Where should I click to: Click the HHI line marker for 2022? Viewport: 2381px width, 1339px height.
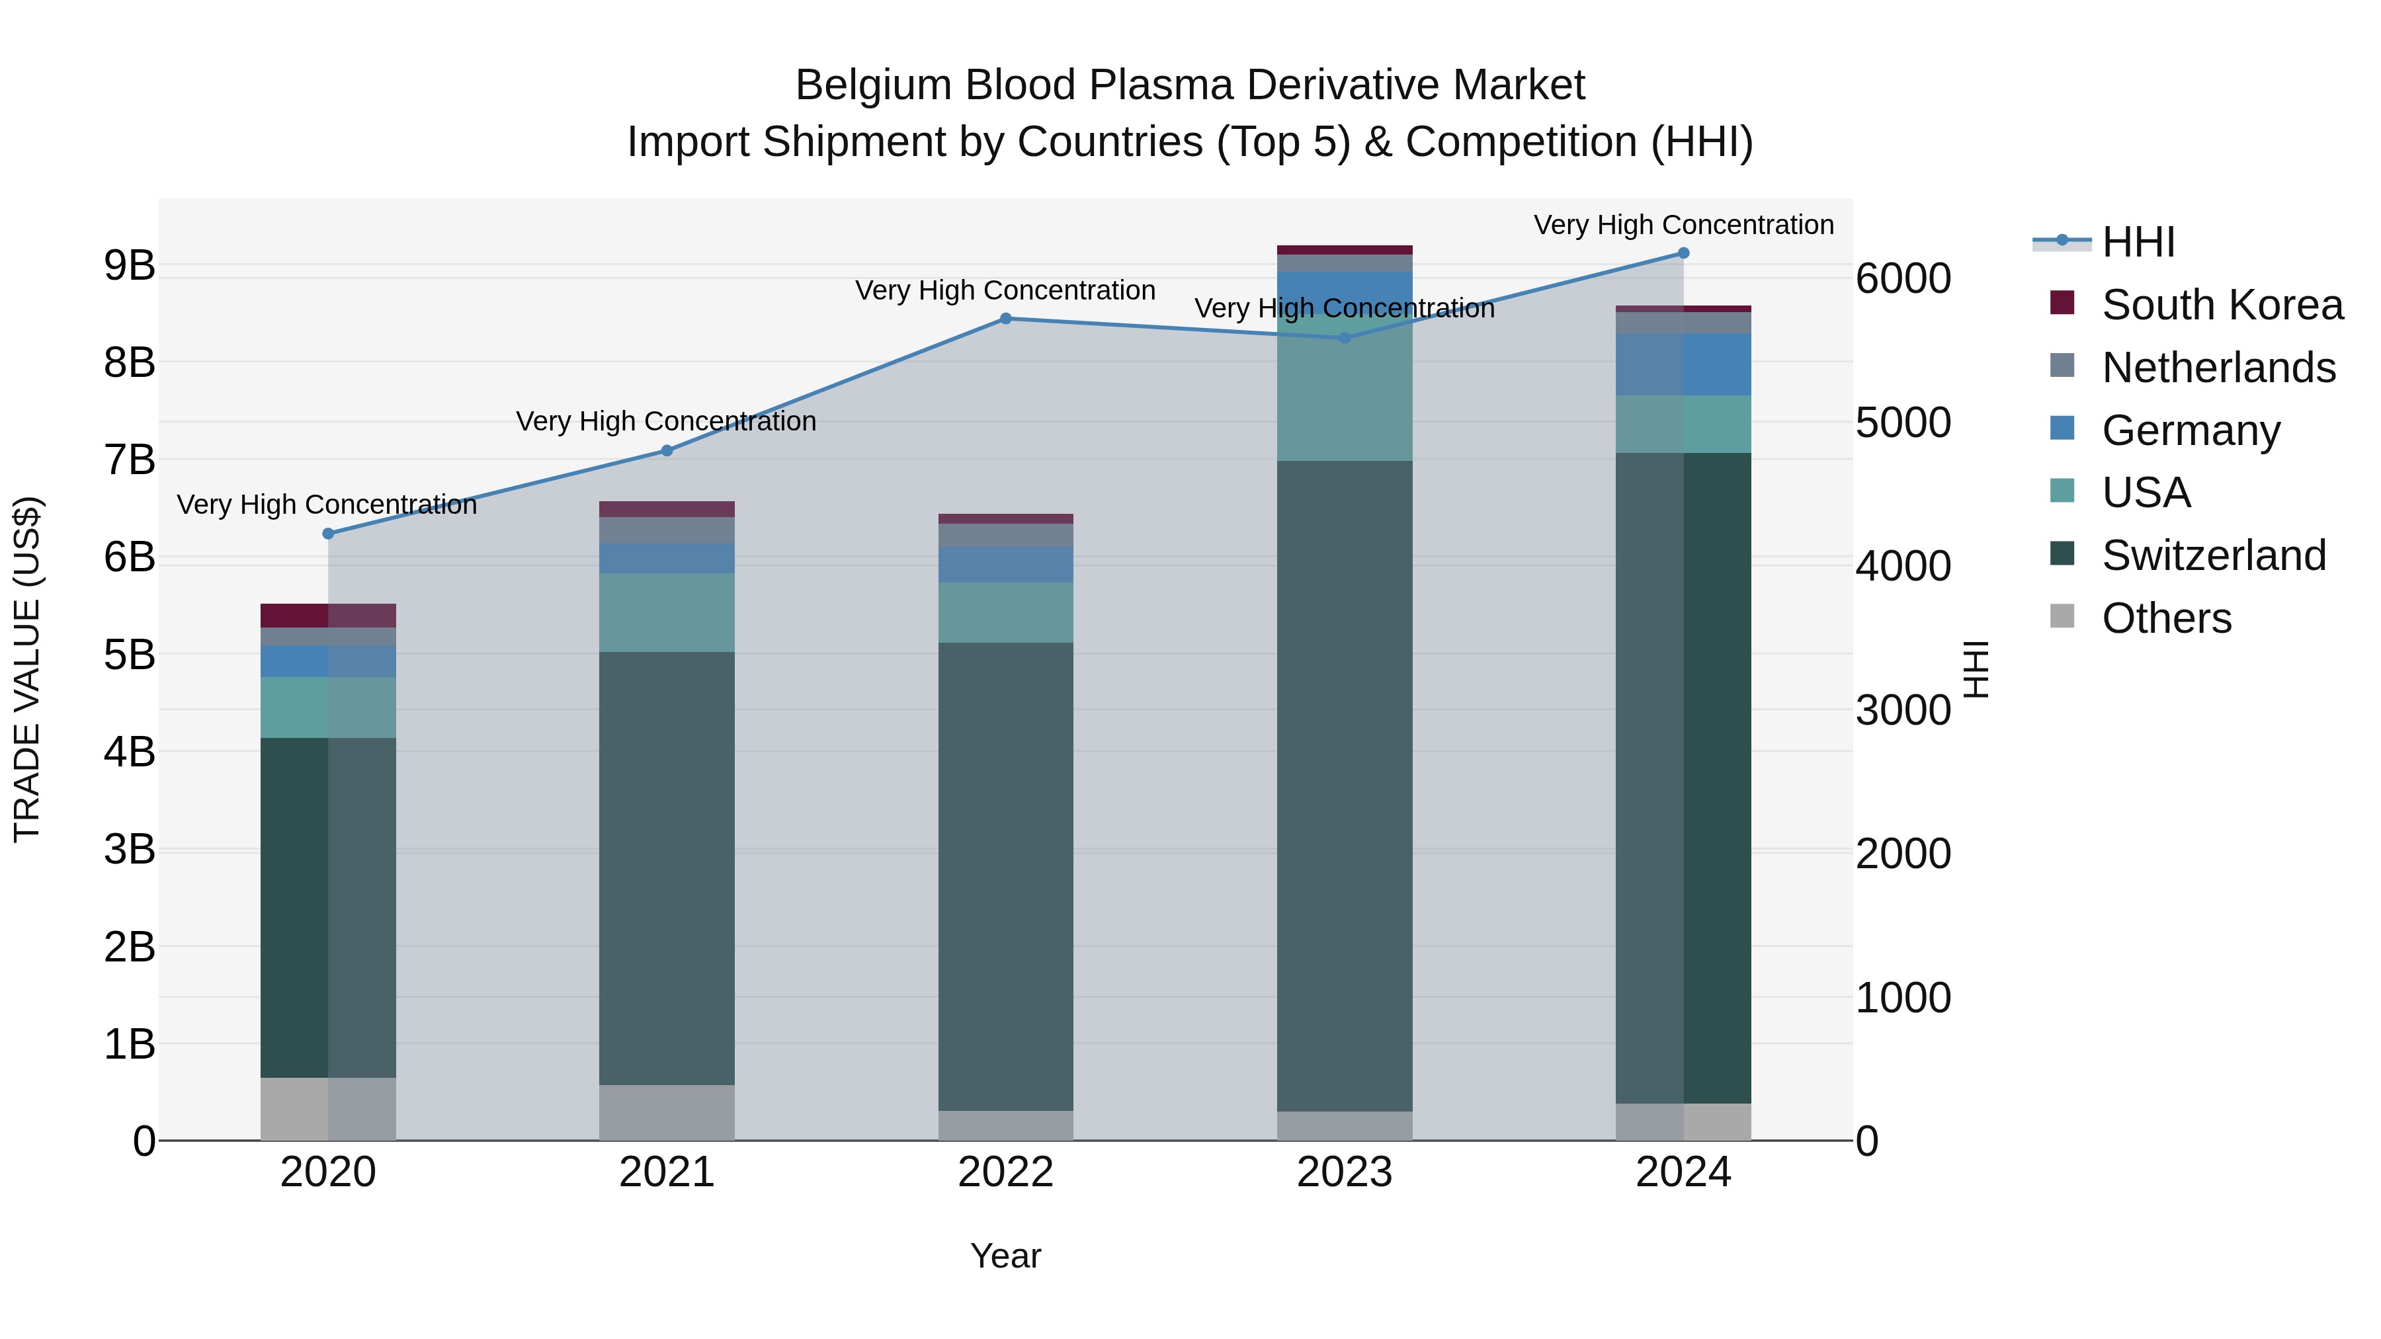click(1005, 319)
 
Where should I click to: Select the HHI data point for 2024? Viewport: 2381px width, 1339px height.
click(1683, 253)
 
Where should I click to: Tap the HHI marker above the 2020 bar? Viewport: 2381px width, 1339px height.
click(328, 533)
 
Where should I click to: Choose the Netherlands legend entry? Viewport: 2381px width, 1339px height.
click(2218, 368)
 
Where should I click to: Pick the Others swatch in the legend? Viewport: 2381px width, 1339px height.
click(2062, 616)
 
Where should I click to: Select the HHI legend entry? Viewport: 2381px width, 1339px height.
click(2137, 242)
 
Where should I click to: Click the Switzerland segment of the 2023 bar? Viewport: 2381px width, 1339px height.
click(1345, 786)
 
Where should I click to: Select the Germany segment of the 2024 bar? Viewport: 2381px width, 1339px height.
click(1683, 364)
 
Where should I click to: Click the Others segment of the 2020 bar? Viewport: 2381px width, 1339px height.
click(328, 1108)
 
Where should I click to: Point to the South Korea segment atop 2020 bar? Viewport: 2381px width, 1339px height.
click(328, 616)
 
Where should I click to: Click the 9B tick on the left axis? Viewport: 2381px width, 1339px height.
click(130, 266)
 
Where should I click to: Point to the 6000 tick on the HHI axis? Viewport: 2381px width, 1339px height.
click(1903, 278)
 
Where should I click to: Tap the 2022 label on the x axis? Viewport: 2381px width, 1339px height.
click(1005, 1172)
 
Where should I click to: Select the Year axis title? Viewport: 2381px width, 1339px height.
click(1005, 1256)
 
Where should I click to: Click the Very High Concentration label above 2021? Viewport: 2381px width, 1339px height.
click(667, 421)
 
